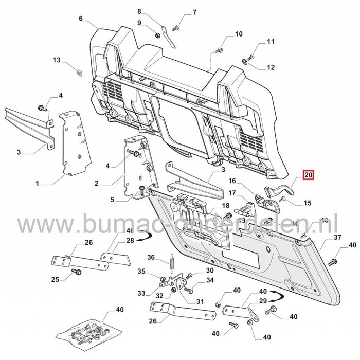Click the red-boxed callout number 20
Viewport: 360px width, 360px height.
309,175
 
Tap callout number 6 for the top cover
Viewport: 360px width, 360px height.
80,19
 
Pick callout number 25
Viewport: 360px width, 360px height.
56,279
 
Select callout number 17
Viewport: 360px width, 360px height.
232,193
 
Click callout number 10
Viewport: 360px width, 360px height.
238,34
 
